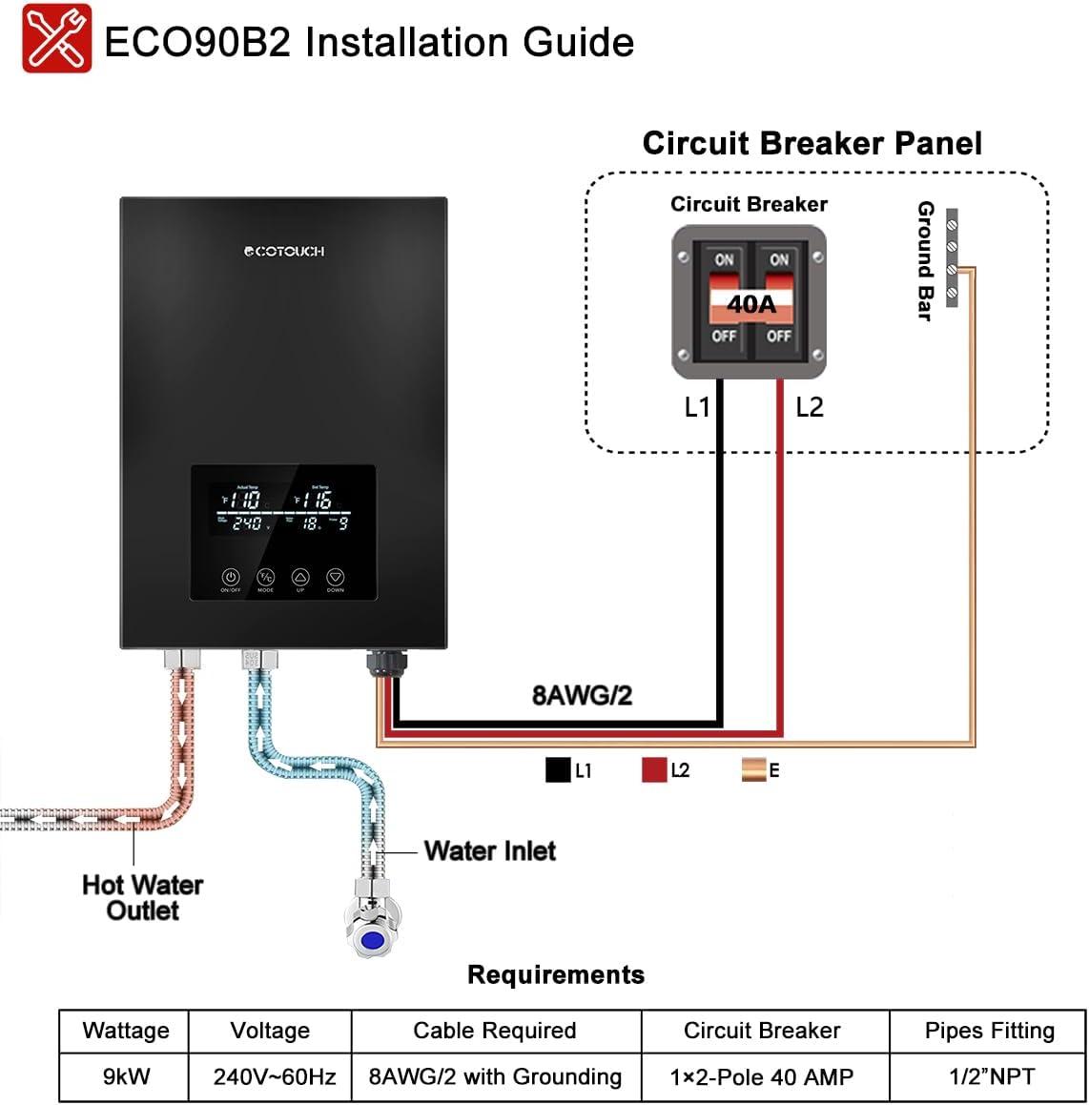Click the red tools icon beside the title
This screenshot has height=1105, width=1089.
(x=57, y=39)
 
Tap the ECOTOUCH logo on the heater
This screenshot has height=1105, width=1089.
(x=284, y=251)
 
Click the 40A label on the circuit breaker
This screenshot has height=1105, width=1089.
(x=751, y=304)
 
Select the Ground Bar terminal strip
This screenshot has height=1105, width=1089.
(x=951, y=258)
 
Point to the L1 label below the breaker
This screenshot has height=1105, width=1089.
(x=697, y=407)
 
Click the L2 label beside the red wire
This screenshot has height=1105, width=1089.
(x=809, y=407)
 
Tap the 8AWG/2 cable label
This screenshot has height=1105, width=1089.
(x=582, y=695)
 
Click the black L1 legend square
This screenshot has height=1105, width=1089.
(x=558, y=770)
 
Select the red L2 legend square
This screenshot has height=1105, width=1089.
(x=654, y=770)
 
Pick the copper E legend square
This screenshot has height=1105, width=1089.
(x=753, y=770)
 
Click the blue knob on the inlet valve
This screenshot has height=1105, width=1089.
(x=371, y=941)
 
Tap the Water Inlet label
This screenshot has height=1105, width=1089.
(x=489, y=850)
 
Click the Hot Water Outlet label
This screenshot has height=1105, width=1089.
(x=142, y=897)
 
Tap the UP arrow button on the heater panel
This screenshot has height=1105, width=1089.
(x=300, y=578)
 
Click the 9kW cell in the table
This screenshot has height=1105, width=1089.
(x=126, y=1076)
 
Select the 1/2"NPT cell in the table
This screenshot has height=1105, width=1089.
(x=989, y=1076)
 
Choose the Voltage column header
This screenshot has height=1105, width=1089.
(x=270, y=1031)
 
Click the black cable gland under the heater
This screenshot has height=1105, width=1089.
(x=382, y=661)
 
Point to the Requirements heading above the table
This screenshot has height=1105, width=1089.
(x=555, y=974)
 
